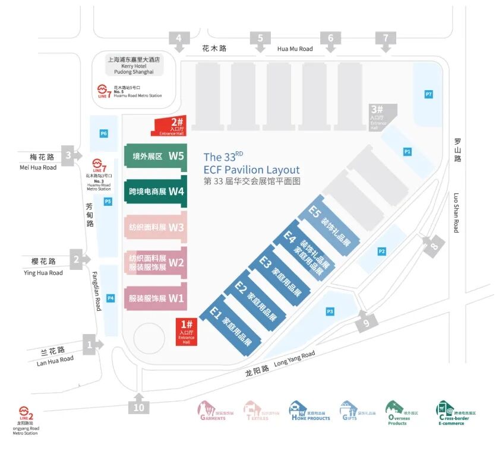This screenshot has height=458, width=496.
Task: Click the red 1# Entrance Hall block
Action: [x=186, y=332]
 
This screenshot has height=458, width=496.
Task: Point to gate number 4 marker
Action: [x=178, y=39]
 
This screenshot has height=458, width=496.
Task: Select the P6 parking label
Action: [x=104, y=133]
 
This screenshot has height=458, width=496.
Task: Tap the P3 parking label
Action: [x=330, y=311]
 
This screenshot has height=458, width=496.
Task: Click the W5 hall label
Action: [x=176, y=157]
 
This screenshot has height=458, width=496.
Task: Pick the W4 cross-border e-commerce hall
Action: [x=156, y=192]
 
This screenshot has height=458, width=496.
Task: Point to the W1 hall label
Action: [x=176, y=298]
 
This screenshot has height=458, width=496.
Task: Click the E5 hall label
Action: [x=315, y=212]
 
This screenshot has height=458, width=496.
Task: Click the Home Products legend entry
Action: [x=309, y=411]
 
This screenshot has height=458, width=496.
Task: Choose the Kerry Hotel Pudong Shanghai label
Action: [x=134, y=65]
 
